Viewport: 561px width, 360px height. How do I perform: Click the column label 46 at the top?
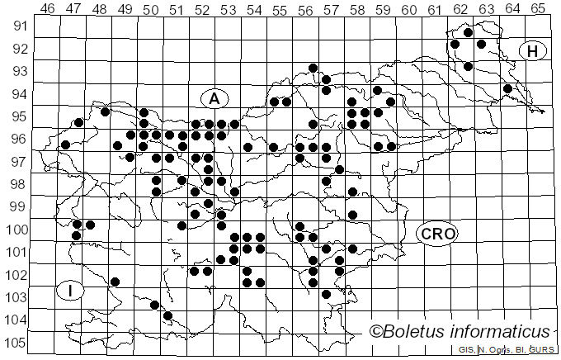(47, 9)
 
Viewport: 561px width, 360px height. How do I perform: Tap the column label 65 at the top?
(537, 9)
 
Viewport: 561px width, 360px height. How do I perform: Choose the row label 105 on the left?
(16, 343)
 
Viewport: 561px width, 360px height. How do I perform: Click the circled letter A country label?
(214, 98)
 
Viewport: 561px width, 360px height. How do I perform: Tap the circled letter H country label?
(533, 51)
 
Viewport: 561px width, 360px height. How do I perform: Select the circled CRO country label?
(436, 234)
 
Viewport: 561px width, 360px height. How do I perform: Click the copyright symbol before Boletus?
(375, 332)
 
